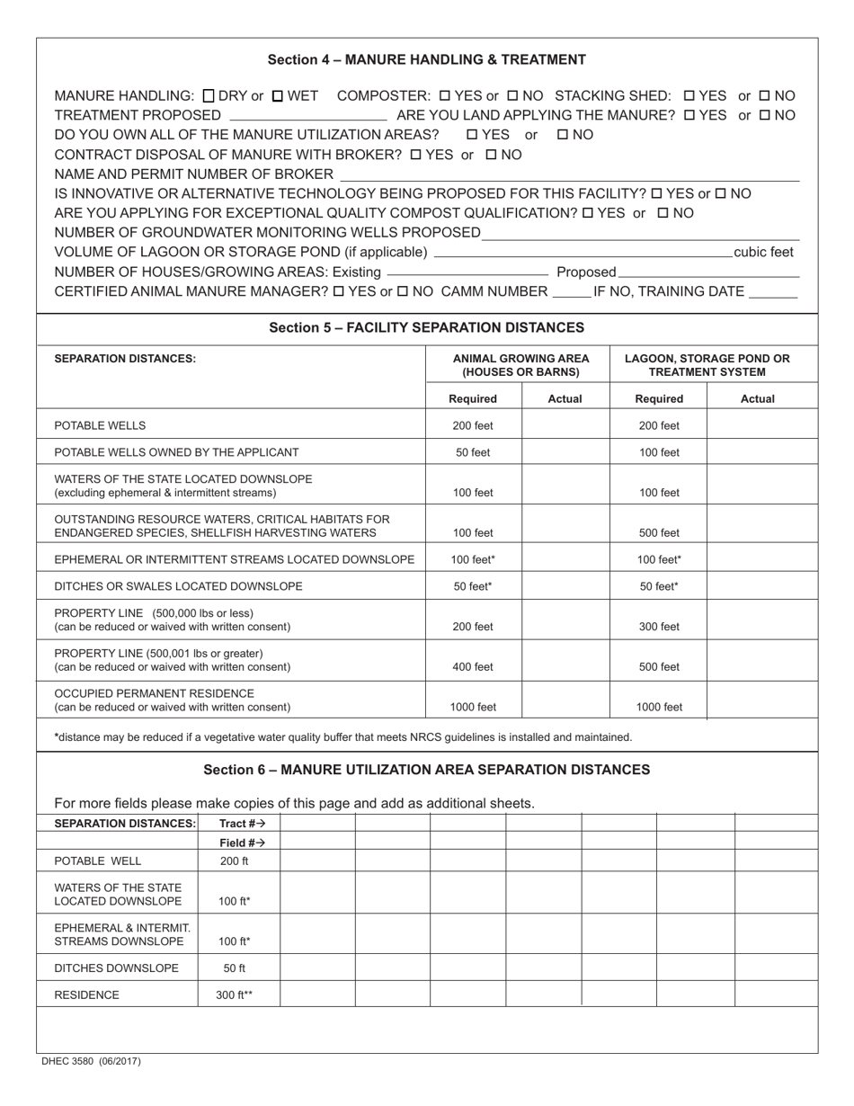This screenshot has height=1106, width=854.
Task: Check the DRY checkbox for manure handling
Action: pos(209,95)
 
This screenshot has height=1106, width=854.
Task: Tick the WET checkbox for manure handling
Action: pos(278,95)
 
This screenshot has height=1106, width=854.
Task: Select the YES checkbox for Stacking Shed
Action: pos(689,95)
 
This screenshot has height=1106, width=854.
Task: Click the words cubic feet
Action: pos(763,253)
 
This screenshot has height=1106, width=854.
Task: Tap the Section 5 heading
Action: pos(426,328)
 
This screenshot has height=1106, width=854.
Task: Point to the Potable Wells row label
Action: pos(100,425)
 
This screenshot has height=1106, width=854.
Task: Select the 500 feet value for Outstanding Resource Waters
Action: pos(659,532)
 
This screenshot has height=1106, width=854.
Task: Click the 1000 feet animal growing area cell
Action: pos(473,707)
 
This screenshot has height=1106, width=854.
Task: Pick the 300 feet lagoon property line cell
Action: pos(659,627)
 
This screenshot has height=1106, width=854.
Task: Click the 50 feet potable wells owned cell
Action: pos(473,452)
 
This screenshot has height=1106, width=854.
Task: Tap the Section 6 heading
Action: pos(426,770)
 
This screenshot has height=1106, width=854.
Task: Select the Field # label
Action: pos(242,843)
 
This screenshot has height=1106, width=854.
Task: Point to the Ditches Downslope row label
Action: pos(117,968)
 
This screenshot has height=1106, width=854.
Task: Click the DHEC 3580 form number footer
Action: pos(91,1062)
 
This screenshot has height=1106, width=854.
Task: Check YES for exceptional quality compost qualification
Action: pos(588,214)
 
